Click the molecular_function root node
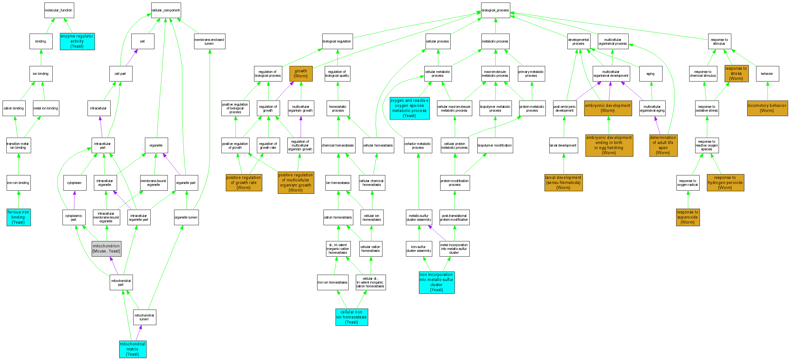click(59, 10)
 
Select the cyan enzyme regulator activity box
click(77, 41)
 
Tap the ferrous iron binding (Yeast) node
click(18, 217)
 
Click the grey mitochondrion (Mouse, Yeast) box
click(106, 249)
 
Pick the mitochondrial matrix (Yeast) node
click(133, 349)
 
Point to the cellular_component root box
click(166, 10)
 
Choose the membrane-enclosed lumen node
click(209, 42)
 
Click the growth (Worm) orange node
click(301, 74)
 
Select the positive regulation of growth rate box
click(244, 183)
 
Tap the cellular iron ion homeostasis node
click(351, 317)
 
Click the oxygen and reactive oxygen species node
click(409, 108)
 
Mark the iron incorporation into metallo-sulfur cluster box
click(436, 282)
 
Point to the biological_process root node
click(495, 10)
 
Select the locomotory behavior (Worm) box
click(767, 108)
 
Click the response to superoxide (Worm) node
click(688, 217)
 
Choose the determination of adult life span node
click(663, 145)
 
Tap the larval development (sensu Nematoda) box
click(563, 183)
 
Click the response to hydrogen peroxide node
click(725, 183)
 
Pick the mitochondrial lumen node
click(144, 317)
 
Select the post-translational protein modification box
click(454, 217)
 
